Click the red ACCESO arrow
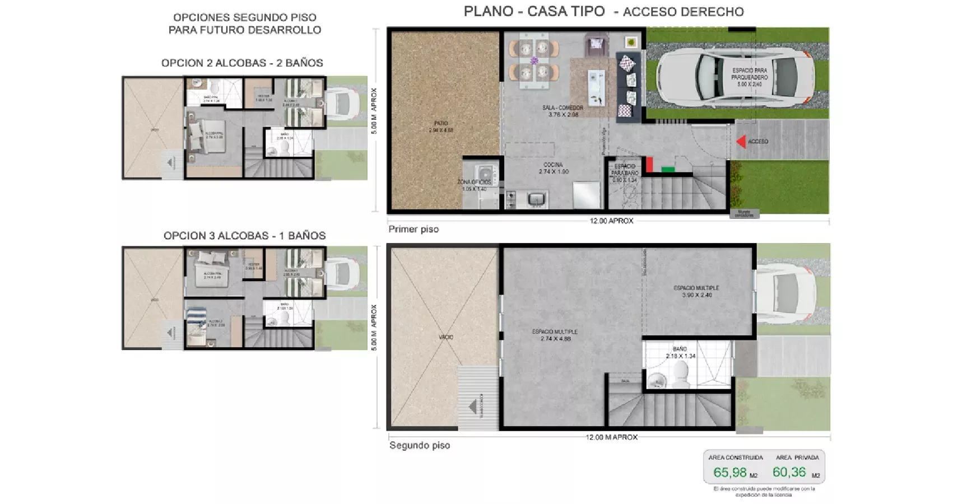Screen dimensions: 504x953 click(741, 142)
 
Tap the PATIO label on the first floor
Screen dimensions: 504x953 click(441, 127)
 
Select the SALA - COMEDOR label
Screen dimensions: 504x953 click(562, 111)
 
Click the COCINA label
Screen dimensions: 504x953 click(553, 168)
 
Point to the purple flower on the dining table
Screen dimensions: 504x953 click(534, 60)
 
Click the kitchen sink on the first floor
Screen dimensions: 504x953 click(537, 199)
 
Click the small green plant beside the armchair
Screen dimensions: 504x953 click(631, 42)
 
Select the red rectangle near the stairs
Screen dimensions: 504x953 click(649, 164)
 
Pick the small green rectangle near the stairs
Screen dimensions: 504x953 click(667, 169)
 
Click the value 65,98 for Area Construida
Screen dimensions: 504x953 click(729, 473)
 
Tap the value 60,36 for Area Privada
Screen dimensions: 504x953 click(789, 472)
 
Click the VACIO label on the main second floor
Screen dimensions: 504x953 click(446, 337)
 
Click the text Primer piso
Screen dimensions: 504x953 click(413, 229)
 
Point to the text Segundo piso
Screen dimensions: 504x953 click(419, 445)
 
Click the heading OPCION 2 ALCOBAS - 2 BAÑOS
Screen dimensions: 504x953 click(242, 63)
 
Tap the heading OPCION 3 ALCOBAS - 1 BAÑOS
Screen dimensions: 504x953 click(244, 236)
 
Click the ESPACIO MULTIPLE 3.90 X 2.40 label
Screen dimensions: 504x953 click(696, 291)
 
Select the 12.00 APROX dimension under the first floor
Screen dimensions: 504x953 click(611, 221)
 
